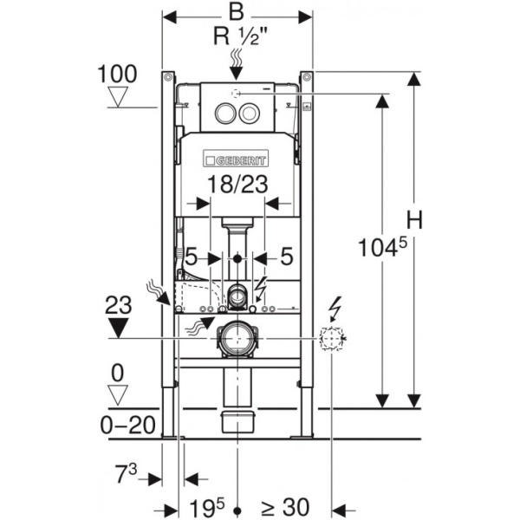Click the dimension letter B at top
(236, 11)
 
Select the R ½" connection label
(237, 36)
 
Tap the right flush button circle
(248, 111)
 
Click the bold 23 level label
(118, 303)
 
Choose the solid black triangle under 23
(118, 328)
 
